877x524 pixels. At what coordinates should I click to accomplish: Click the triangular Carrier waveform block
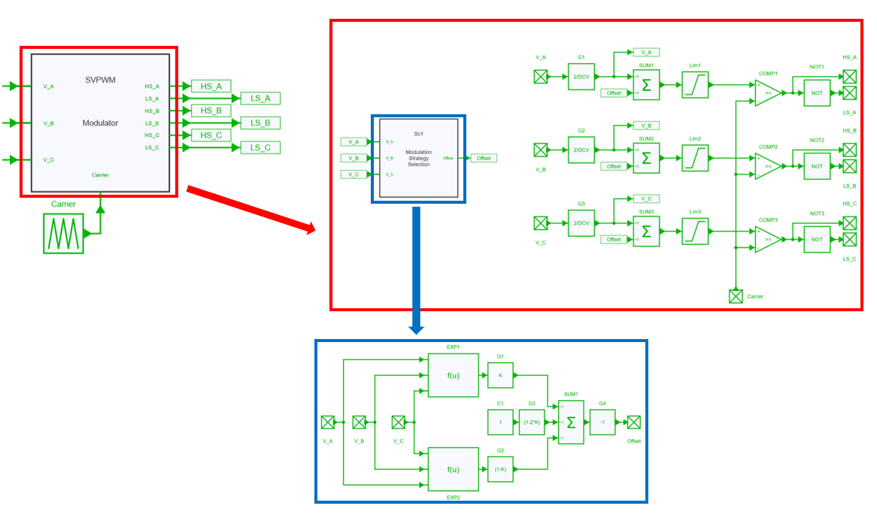click(64, 233)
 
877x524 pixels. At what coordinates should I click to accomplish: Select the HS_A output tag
click(211, 86)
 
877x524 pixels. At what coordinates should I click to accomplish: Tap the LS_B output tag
click(260, 123)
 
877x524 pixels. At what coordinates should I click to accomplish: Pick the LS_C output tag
click(260, 147)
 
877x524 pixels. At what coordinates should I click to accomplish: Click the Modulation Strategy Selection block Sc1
click(419, 159)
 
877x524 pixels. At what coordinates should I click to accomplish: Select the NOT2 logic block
click(816, 165)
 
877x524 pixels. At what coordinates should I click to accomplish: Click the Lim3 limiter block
click(695, 230)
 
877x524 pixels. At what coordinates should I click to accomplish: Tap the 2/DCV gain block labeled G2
click(581, 150)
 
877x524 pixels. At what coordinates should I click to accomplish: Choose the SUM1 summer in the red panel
click(647, 84)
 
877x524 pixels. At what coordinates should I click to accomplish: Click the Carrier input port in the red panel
click(736, 296)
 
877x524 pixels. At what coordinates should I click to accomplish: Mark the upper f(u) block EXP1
click(453, 375)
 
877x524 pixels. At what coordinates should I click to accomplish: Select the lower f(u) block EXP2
click(453, 469)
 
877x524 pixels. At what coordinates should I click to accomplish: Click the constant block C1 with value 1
click(500, 422)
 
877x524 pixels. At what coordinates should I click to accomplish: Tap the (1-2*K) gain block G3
click(532, 422)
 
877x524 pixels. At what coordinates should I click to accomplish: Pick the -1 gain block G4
click(602, 422)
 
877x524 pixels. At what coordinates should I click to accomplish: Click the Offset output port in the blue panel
click(635, 422)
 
